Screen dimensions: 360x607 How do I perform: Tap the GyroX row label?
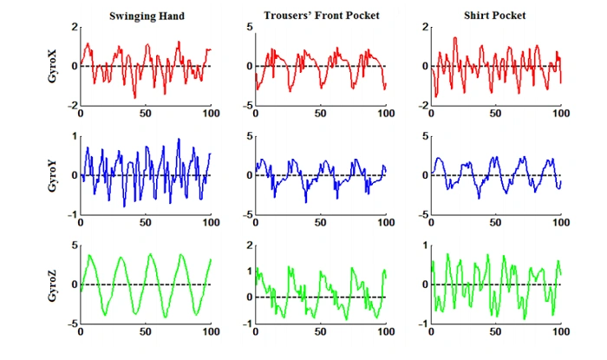tap(54, 66)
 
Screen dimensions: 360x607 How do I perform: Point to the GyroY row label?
tap(54, 175)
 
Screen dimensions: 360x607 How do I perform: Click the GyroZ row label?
tap(54, 285)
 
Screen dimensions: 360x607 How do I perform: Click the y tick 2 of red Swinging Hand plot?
tap(73, 27)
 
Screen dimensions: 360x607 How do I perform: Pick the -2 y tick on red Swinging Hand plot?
tap(71, 105)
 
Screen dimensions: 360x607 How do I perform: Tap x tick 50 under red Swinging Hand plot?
tap(146, 114)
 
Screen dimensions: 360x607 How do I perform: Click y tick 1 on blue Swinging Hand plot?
tap(73, 136)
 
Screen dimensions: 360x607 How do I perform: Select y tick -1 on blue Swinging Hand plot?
tap(71, 214)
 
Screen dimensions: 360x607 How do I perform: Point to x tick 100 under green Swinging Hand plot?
tap(210, 332)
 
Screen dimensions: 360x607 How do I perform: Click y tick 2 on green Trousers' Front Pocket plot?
tap(249, 245)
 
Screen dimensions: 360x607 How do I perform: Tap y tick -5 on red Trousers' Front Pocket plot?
tap(247, 105)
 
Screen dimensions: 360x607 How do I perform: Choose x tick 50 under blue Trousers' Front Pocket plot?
tap(321, 223)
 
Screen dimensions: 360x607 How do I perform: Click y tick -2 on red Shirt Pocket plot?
tap(422, 105)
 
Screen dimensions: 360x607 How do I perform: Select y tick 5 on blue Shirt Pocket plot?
tap(424, 136)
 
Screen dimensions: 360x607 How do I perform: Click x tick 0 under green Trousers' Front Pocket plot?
tap(257, 332)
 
